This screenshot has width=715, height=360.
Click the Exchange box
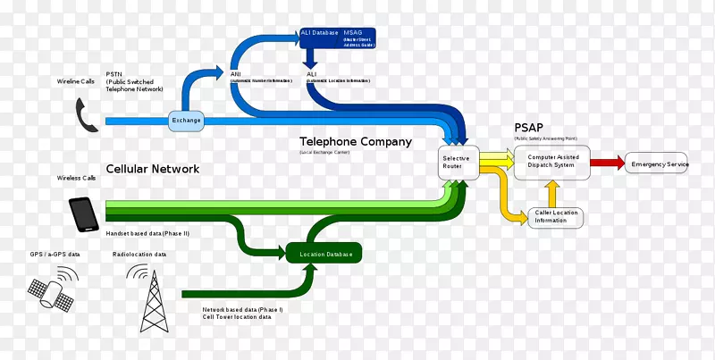point(187,121)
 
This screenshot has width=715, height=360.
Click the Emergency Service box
point(660,164)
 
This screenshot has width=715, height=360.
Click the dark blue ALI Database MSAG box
point(338,38)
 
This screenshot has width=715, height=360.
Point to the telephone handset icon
point(87,116)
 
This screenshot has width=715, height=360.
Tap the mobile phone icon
point(84,214)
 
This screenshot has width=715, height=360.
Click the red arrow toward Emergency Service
point(607,163)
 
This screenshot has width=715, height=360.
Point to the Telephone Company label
point(355,142)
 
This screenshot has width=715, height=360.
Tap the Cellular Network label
point(152,169)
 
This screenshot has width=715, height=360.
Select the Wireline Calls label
point(77,81)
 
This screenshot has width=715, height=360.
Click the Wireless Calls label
point(77,178)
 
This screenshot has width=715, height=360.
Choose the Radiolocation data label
point(141,255)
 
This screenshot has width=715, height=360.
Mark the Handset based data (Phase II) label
point(147,233)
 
